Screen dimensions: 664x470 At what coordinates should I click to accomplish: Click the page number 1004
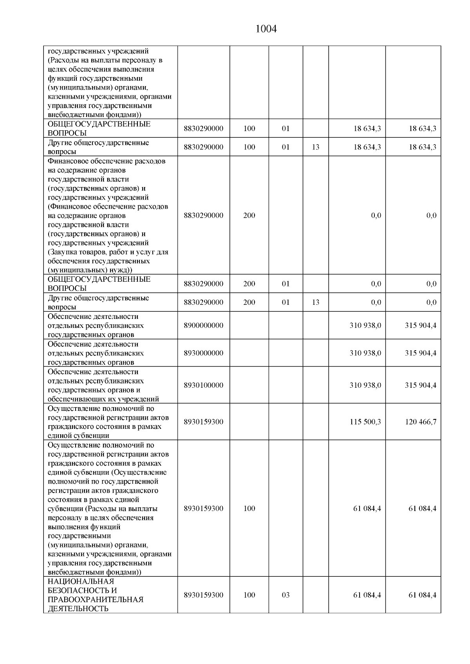coord(266,29)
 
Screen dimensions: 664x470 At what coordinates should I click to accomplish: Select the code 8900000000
coord(203,325)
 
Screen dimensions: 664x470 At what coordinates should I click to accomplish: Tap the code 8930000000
coord(203,353)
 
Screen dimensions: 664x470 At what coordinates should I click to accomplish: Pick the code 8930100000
coord(203,385)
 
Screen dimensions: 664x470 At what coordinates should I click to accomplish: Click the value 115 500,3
coord(365,422)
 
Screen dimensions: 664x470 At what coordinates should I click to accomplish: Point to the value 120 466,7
coord(421,422)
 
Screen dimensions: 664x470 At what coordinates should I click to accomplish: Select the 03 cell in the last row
coord(286,595)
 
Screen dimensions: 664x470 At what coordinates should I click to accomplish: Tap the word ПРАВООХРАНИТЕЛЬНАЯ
coord(96,599)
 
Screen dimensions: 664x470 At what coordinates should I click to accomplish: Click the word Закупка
coord(63,252)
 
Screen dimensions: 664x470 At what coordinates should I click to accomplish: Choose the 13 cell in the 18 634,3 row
coord(316,147)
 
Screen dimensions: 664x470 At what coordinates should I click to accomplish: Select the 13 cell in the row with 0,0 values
coord(316,302)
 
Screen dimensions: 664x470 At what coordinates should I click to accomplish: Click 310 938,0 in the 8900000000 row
coord(365,325)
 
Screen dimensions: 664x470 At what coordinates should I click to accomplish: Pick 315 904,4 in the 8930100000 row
coord(421,385)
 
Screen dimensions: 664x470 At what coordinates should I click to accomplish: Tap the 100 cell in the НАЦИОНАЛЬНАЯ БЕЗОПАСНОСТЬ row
coord(249,595)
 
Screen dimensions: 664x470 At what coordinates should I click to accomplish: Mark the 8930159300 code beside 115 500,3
coord(203,422)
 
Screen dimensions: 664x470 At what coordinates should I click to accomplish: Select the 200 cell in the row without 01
coord(249,215)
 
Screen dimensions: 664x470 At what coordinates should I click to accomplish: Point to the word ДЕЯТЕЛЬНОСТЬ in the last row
coord(78,609)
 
